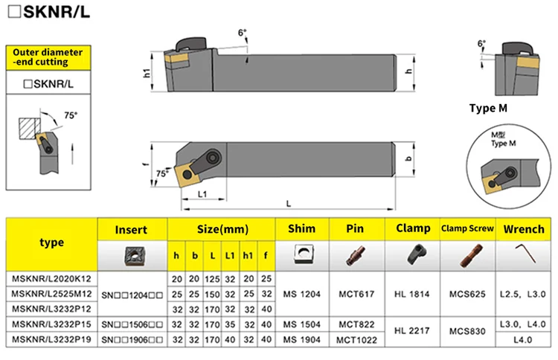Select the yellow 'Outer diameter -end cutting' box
pos(48,57)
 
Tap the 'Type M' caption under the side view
pos(488,108)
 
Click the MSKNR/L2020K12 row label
pos(51,278)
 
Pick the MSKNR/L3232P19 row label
pos(51,339)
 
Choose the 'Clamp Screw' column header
pos(467,228)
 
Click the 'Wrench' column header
pos(524,229)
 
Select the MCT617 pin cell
pos(356,295)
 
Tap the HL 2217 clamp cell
pos(411,331)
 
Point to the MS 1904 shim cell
pos(302,340)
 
